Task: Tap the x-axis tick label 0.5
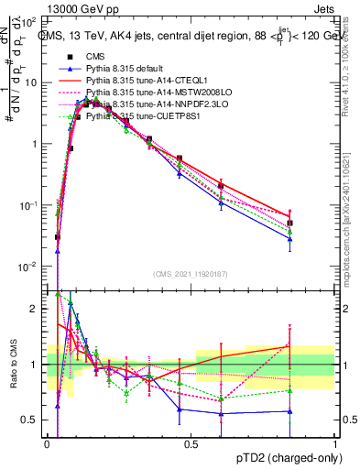(x=191, y=444)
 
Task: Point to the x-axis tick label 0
(x=48, y=444)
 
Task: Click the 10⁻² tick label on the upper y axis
(x=27, y=267)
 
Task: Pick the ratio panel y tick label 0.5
(x=31, y=420)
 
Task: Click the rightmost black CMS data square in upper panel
(x=290, y=223)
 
